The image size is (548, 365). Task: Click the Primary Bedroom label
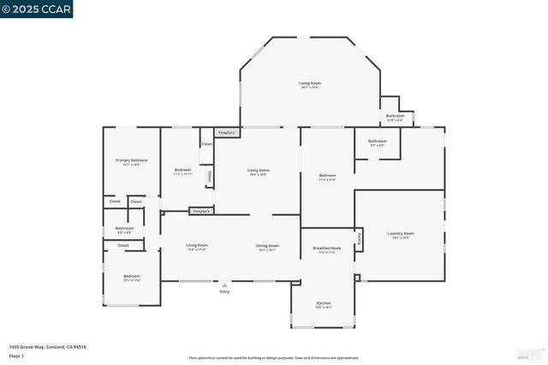tap(132, 160)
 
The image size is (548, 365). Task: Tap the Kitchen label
tap(324, 303)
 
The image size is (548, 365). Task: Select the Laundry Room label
tap(401, 233)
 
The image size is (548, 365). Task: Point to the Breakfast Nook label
tap(327, 248)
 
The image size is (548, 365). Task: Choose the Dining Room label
tap(267, 246)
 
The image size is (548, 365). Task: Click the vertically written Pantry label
tap(360, 239)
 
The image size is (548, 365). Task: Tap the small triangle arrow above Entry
tap(224, 284)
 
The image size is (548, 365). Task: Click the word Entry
tap(224, 292)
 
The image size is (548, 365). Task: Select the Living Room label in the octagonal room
tap(310, 83)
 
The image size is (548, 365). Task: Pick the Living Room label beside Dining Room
tap(197, 246)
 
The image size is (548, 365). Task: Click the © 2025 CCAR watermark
tap(37, 9)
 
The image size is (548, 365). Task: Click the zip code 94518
tap(79, 347)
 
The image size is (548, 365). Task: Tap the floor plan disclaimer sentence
tap(273, 357)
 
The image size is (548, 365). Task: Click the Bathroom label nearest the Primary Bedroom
tap(125, 228)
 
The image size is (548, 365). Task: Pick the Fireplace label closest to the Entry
tap(201, 211)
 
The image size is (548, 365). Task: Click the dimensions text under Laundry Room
tap(401, 237)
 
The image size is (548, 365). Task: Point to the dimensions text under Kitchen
tap(324, 308)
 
